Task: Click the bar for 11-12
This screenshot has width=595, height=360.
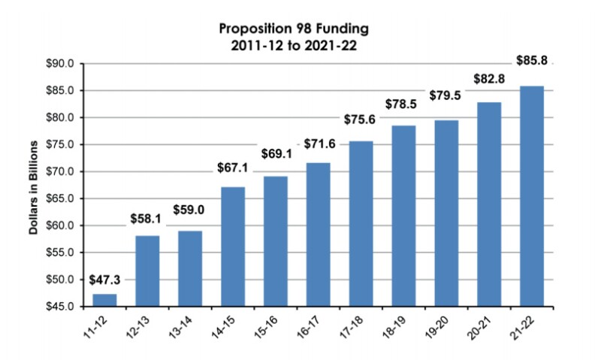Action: pyautogui.click(x=104, y=300)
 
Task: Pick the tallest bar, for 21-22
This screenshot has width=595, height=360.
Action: pyautogui.click(x=532, y=196)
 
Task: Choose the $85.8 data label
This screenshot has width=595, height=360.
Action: pyautogui.click(x=532, y=59)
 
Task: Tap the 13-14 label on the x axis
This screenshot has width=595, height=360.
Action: pyautogui.click(x=182, y=328)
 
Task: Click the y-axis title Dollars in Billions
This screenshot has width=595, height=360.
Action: pyautogui.click(x=35, y=185)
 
